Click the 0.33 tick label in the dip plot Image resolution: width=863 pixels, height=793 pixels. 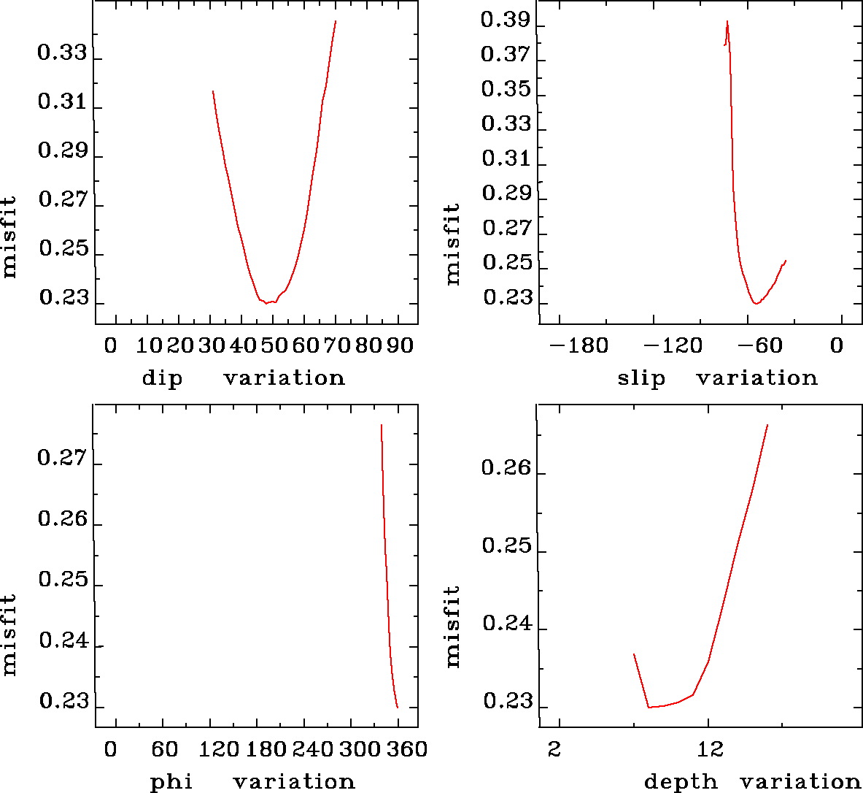pyautogui.click(x=62, y=53)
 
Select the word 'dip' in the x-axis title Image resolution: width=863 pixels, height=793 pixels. pyautogui.click(x=162, y=378)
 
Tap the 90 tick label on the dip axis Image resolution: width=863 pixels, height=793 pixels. pyautogui.click(x=399, y=345)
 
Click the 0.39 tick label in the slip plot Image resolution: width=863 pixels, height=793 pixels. pyautogui.click(x=505, y=20)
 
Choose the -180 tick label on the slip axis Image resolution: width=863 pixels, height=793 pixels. pyautogui.click(x=578, y=345)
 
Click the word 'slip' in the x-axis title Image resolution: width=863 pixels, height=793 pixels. pyautogui.click(x=641, y=378)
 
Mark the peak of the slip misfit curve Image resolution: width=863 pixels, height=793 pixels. pyautogui.click(x=727, y=21)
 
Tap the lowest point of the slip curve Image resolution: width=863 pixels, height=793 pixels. pyautogui.click(x=756, y=303)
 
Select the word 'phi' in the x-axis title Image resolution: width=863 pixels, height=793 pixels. pyautogui.click(x=171, y=782)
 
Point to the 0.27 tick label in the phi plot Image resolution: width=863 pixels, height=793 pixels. pyautogui.click(x=62, y=459)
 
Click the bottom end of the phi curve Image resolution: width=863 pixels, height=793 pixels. pyautogui.click(x=398, y=708)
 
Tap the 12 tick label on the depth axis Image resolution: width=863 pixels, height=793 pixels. pyautogui.click(x=710, y=749)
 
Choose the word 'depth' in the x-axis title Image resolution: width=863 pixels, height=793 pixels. pyautogui.click(x=681, y=782)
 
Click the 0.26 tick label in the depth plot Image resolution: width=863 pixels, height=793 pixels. pyautogui.click(x=506, y=467)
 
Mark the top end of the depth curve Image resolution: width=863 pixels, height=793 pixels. pyautogui.click(x=767, y=424)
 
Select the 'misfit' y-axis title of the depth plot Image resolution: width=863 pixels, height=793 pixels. pyautogui.click(x=453, y=627)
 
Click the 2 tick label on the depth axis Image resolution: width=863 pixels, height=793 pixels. pyautogui.click(x=555, y=749)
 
